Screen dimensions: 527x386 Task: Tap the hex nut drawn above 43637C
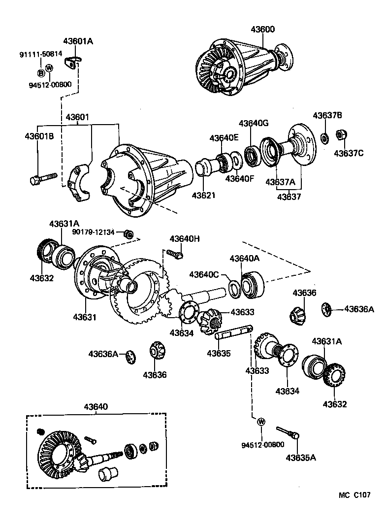click(340, 135)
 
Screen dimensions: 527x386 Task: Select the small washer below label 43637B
click(324, 138)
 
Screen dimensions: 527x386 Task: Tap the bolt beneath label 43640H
click(175, 254)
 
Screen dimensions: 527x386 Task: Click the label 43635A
click(301, 458)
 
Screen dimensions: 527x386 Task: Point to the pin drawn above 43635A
click(288, 433)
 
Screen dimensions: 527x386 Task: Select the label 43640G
click(254, 123)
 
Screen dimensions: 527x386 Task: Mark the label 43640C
click(207, 274)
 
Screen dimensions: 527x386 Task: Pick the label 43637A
click(280, 182)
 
